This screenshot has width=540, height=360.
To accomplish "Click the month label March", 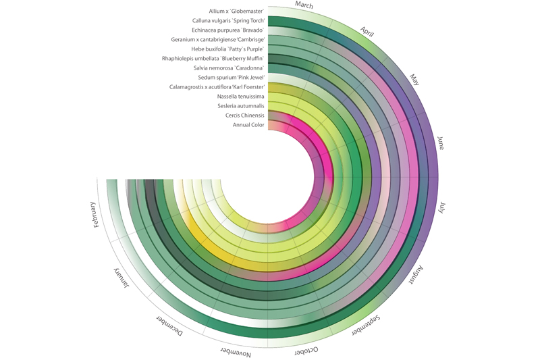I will [304, 5].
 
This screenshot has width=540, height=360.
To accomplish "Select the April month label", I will [367, 32].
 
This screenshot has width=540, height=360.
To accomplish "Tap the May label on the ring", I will [414, 80].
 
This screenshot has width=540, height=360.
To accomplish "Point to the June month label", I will [441, 143].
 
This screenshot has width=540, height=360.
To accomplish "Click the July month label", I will [441, 207].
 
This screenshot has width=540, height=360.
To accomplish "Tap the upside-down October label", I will [306, 351].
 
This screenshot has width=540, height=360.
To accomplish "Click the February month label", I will [95, 214].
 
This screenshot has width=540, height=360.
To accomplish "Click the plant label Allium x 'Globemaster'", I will [236, 11].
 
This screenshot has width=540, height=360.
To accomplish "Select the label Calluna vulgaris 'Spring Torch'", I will [228, 21].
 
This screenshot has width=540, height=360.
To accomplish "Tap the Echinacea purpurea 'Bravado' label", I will [227, 30].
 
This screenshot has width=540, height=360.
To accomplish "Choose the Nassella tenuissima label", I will [240, 97].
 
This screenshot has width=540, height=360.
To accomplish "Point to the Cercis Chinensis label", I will [245, 115].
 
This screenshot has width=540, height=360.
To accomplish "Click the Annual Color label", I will [248, 125].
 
